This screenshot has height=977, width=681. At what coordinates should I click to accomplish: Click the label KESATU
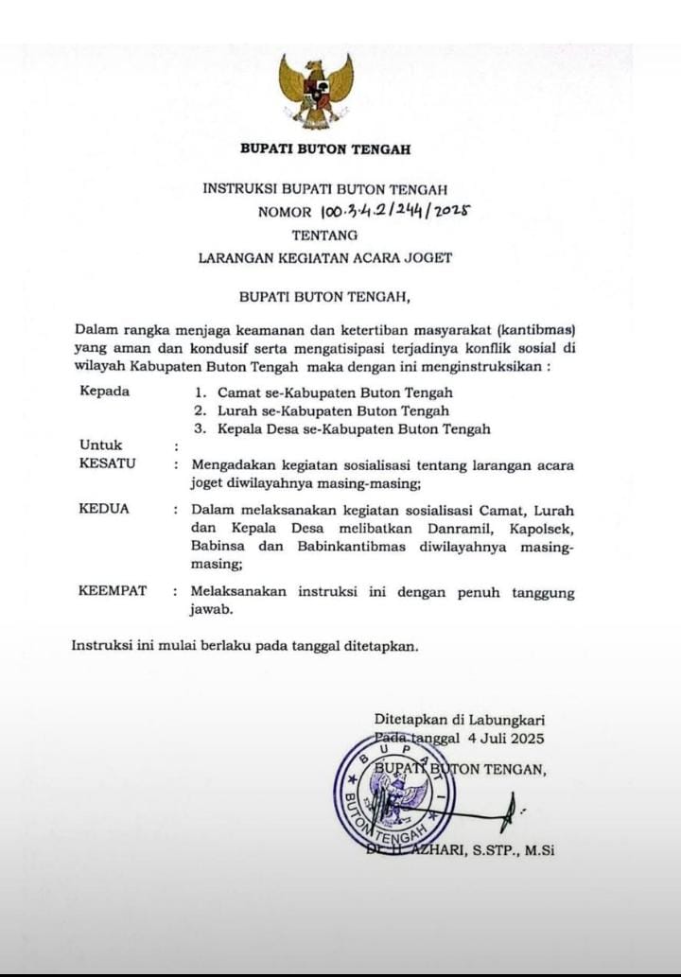tap(107, 463)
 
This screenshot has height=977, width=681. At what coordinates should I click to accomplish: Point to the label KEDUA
tap(104, 509)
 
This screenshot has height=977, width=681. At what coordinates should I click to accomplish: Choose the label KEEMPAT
tap(113, 591)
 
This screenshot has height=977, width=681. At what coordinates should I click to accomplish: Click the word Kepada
tap(104, 392)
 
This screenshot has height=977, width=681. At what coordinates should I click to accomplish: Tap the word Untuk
tap(101, 445)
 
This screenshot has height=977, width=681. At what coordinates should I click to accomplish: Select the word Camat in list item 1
tap(237, 392)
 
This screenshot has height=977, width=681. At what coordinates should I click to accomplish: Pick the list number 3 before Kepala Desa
tap(199, 429)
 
